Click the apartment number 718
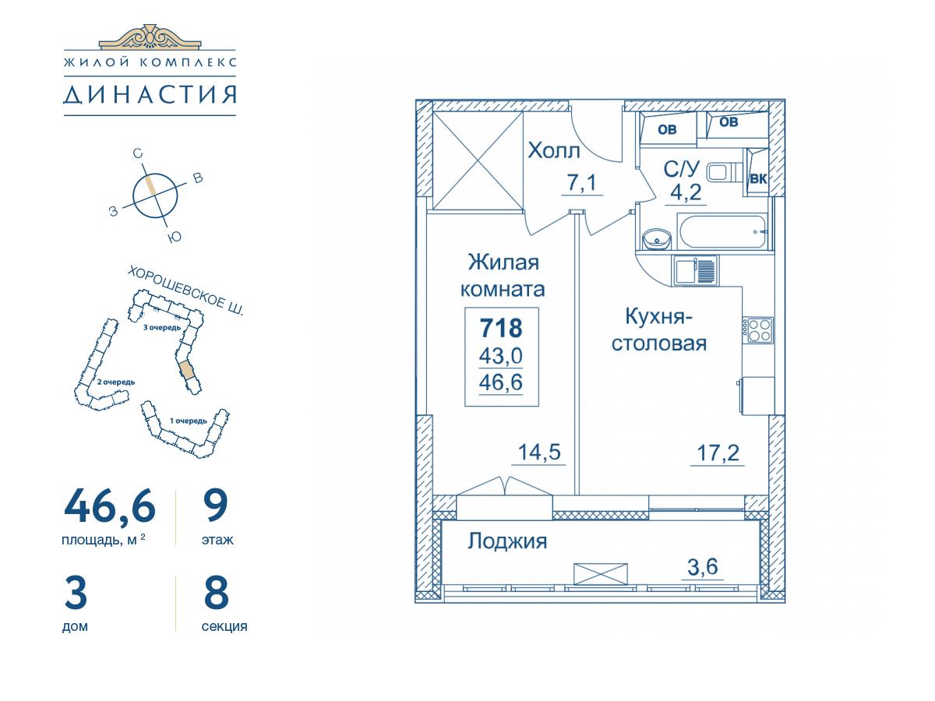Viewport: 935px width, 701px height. coord(501,328)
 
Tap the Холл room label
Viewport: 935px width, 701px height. coord(554,150)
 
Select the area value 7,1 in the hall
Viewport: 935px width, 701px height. coord(581,183)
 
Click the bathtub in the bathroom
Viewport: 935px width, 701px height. coord(723,232)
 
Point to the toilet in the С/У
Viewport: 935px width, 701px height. coord(725,173)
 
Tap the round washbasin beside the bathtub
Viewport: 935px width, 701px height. coord(657,240)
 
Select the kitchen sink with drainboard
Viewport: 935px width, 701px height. coord(695,271)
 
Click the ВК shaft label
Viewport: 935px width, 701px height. coord(758,179)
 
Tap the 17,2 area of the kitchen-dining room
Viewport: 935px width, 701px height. coord(718,453)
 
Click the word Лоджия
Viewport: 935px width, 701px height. coord(507,542)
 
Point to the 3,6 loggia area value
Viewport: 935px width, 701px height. coord(703,566)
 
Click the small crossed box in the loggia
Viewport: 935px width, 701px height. coord(601,574)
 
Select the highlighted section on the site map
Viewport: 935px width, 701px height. coord(186,370)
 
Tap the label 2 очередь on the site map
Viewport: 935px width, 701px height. coord(116,382)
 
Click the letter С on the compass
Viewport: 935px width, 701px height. coord(137,153)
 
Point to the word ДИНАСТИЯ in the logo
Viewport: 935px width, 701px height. coord(150,95)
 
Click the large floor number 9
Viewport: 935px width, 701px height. coord(216,505)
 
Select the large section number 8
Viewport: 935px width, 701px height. coord(216,592)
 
